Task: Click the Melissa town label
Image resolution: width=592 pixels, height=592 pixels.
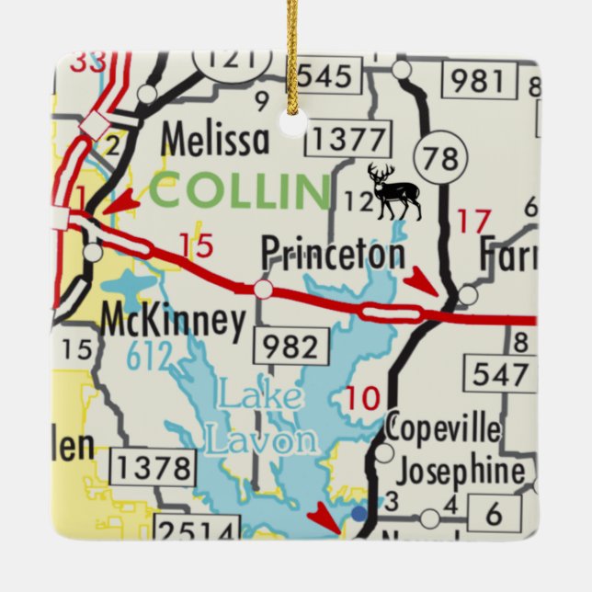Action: tap(215, 141)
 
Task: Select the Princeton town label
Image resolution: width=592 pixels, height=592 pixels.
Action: tap(332, 253)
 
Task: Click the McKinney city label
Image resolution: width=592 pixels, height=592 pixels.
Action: tap(173, 322)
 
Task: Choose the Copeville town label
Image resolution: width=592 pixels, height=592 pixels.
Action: tap(443, 428)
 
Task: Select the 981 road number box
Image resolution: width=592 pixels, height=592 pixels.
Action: tap(478, 81)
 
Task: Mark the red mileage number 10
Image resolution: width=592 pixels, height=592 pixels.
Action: tap(364, 398)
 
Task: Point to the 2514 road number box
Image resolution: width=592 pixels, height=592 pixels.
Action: tap(196, 529)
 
